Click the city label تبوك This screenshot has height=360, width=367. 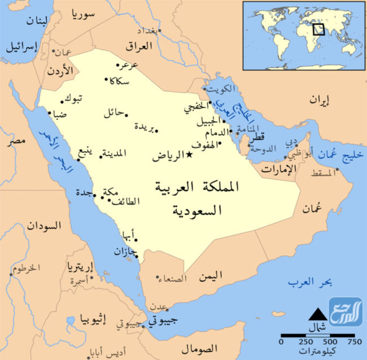pos(75,99)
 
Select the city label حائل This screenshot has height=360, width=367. pos(113,112)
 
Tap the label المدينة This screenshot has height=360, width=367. pos(115,153)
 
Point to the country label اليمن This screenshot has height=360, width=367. pos(211,275)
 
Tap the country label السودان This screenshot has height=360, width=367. pos(42,227)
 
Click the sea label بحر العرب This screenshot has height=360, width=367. pos(309,281)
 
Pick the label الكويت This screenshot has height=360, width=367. pos(219,90)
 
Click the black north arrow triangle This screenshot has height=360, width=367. pos(318,312)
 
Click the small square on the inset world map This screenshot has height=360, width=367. pos(318,29)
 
